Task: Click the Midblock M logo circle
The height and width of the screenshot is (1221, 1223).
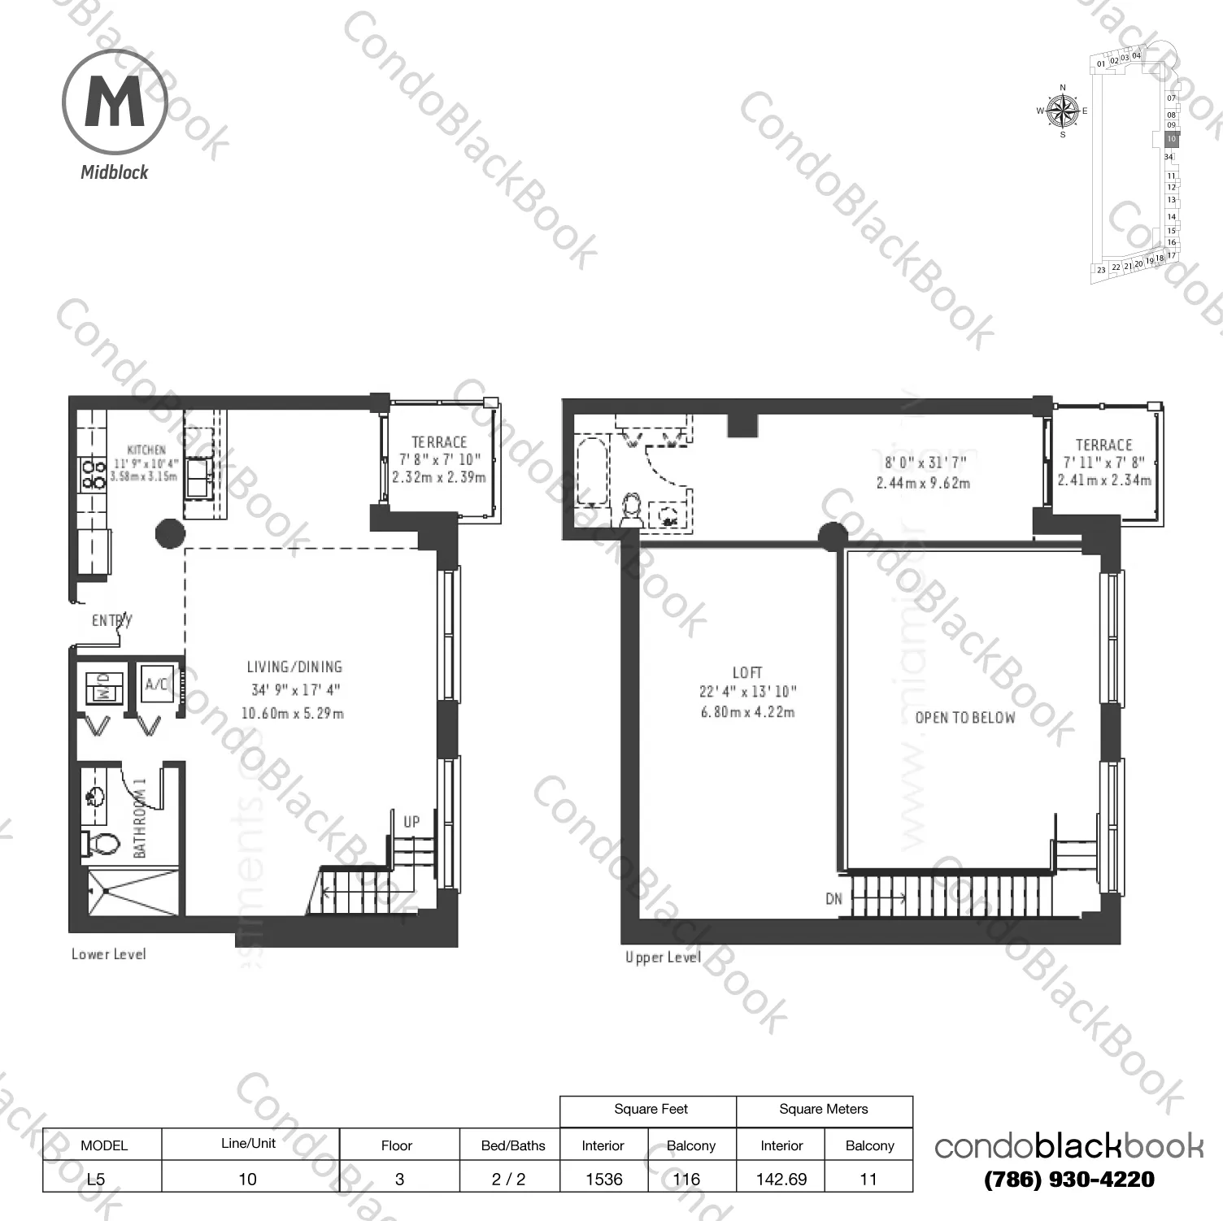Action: pos(115,102)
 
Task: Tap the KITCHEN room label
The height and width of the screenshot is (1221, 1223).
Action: pos(146,450)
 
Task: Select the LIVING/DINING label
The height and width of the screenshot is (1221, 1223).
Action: pos(294,667)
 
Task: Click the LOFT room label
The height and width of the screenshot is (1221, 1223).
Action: pos(747,672)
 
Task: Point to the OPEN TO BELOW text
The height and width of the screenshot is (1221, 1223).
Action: pos(965,718)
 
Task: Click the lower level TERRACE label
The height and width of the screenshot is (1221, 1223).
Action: pos(439,442)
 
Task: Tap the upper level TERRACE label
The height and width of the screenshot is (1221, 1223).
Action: pos(1103,445)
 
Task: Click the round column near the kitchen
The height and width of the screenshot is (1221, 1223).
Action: pos(170,533)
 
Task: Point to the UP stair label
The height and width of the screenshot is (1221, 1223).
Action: pos(411,822)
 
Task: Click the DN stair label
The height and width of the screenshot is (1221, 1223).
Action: pos(833,899)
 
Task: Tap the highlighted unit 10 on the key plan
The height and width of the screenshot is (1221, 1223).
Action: pos(1171,139)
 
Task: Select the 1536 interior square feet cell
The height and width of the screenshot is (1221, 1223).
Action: pos(603,1179)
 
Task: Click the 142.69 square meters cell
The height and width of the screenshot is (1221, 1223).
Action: pos(781,1179)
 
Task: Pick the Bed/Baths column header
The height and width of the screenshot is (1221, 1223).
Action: pos(513,1145)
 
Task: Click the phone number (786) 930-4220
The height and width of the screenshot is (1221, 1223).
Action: pos(1068,1180)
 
